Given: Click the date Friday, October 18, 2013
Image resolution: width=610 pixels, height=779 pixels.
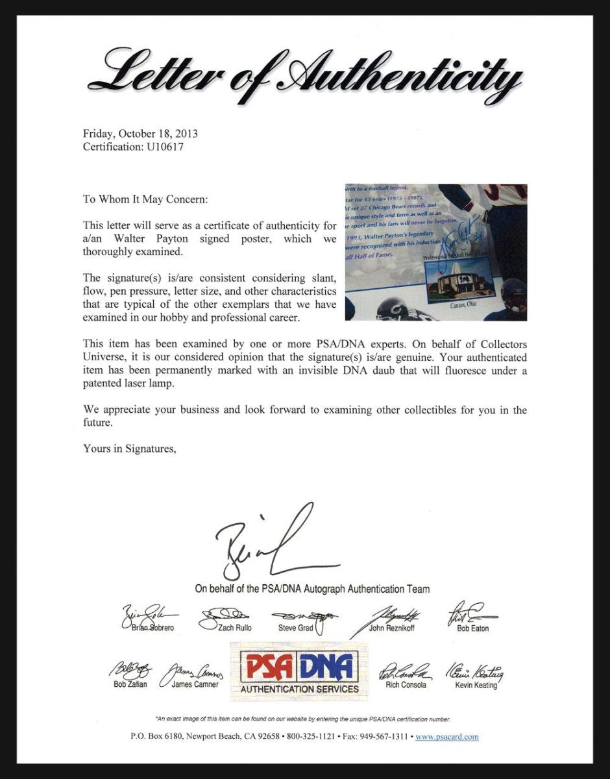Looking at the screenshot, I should [140, 134].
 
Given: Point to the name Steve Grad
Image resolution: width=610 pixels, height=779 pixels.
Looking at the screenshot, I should [295, 628].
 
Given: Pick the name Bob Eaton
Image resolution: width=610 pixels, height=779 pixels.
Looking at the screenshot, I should [472, 628].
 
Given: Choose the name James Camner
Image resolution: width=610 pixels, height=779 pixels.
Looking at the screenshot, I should [197, 684].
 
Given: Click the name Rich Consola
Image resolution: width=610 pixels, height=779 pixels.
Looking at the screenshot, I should [406, 685].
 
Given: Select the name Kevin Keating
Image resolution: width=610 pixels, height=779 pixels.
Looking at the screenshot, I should [476, 685].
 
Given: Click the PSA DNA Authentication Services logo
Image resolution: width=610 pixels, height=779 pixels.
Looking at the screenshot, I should [299, 672].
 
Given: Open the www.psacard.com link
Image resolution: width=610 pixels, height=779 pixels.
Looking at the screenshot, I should [446, 737].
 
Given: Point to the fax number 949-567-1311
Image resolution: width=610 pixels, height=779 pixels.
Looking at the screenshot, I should [385, 737].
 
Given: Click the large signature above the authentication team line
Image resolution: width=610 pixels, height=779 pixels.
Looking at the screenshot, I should [273, 545].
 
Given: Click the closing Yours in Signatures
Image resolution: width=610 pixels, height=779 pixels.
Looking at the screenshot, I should [129, 448].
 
